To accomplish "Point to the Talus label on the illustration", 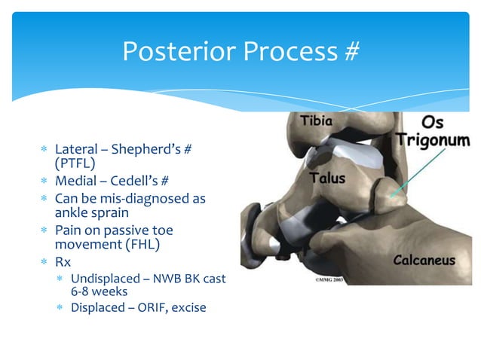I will pyautogui.click(x=328, y=178).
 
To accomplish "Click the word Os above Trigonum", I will pyautogui.click(x=432, y=123).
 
